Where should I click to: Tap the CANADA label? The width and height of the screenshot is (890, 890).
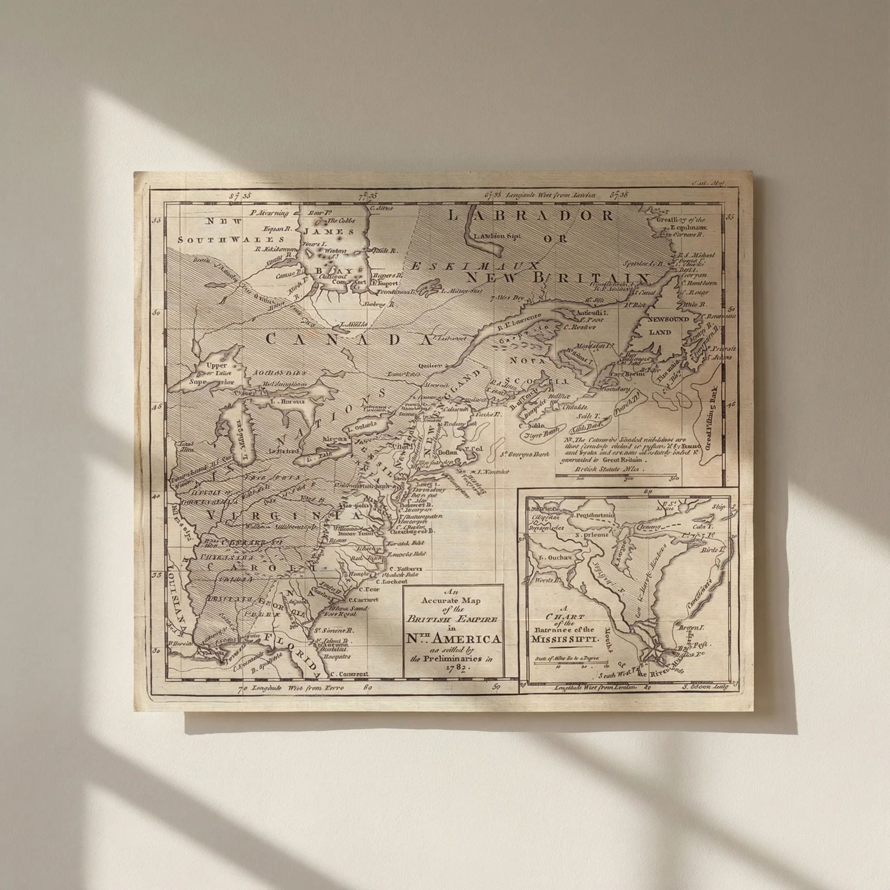349,339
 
